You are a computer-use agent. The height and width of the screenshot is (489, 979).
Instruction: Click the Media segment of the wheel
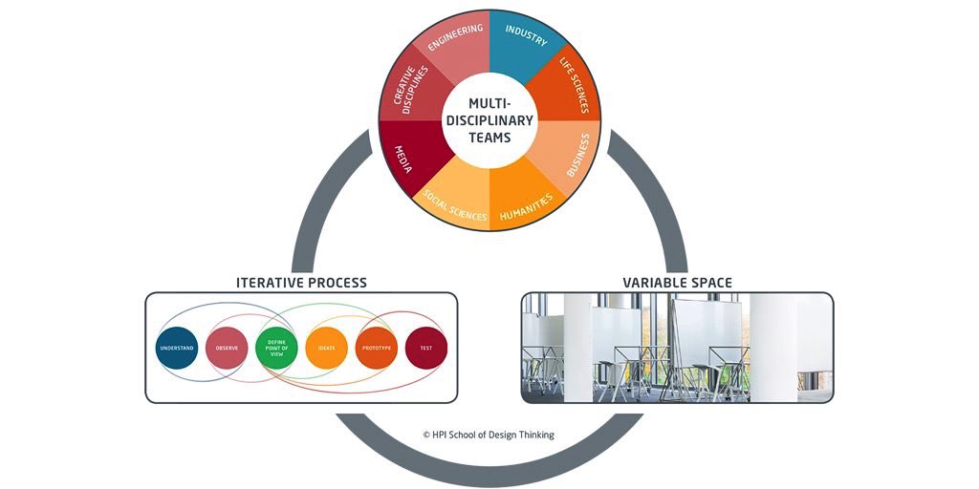[405, 154]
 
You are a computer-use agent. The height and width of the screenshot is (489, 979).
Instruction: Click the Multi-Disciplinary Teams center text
[489, 120]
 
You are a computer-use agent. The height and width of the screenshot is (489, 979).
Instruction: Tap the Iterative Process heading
[301, 282]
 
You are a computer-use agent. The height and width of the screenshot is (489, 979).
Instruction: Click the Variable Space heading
[677, 282]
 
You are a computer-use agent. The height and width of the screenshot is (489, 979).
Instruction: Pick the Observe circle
[228, 349]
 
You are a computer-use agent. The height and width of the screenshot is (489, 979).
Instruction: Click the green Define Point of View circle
[277, 349]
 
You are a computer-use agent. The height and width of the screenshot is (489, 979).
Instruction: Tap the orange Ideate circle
[327, 349]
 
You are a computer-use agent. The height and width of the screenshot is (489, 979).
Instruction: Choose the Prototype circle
[377, 349]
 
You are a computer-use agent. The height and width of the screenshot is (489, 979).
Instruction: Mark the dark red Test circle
[426, 349]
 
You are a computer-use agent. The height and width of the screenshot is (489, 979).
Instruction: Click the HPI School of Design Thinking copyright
[489, 435]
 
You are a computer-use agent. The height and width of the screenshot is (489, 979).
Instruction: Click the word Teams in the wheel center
[489, 138]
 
